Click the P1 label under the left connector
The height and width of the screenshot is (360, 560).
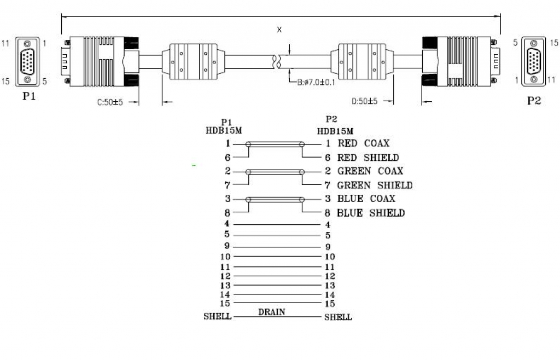29,97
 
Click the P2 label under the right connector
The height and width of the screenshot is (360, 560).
534,101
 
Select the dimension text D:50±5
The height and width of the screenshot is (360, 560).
365,101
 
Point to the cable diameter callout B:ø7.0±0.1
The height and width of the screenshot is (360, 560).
317,83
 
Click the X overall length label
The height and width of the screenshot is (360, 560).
279,30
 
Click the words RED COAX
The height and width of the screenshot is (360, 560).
363,143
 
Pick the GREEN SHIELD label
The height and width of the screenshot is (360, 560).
375,185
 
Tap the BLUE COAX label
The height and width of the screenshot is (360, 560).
366,199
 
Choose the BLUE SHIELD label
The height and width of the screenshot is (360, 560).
371,213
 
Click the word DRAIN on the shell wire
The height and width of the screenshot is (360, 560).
272,312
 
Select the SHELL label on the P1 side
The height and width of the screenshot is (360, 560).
217,316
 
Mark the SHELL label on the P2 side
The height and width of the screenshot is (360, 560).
338,317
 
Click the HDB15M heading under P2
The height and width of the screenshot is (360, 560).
335,131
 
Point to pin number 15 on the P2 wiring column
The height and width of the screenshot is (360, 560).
330,304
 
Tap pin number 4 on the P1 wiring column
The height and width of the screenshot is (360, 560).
227,224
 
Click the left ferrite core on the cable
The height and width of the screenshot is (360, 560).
194,61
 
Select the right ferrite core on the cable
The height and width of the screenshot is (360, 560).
363,61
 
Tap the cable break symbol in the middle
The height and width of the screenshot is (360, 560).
277,61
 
